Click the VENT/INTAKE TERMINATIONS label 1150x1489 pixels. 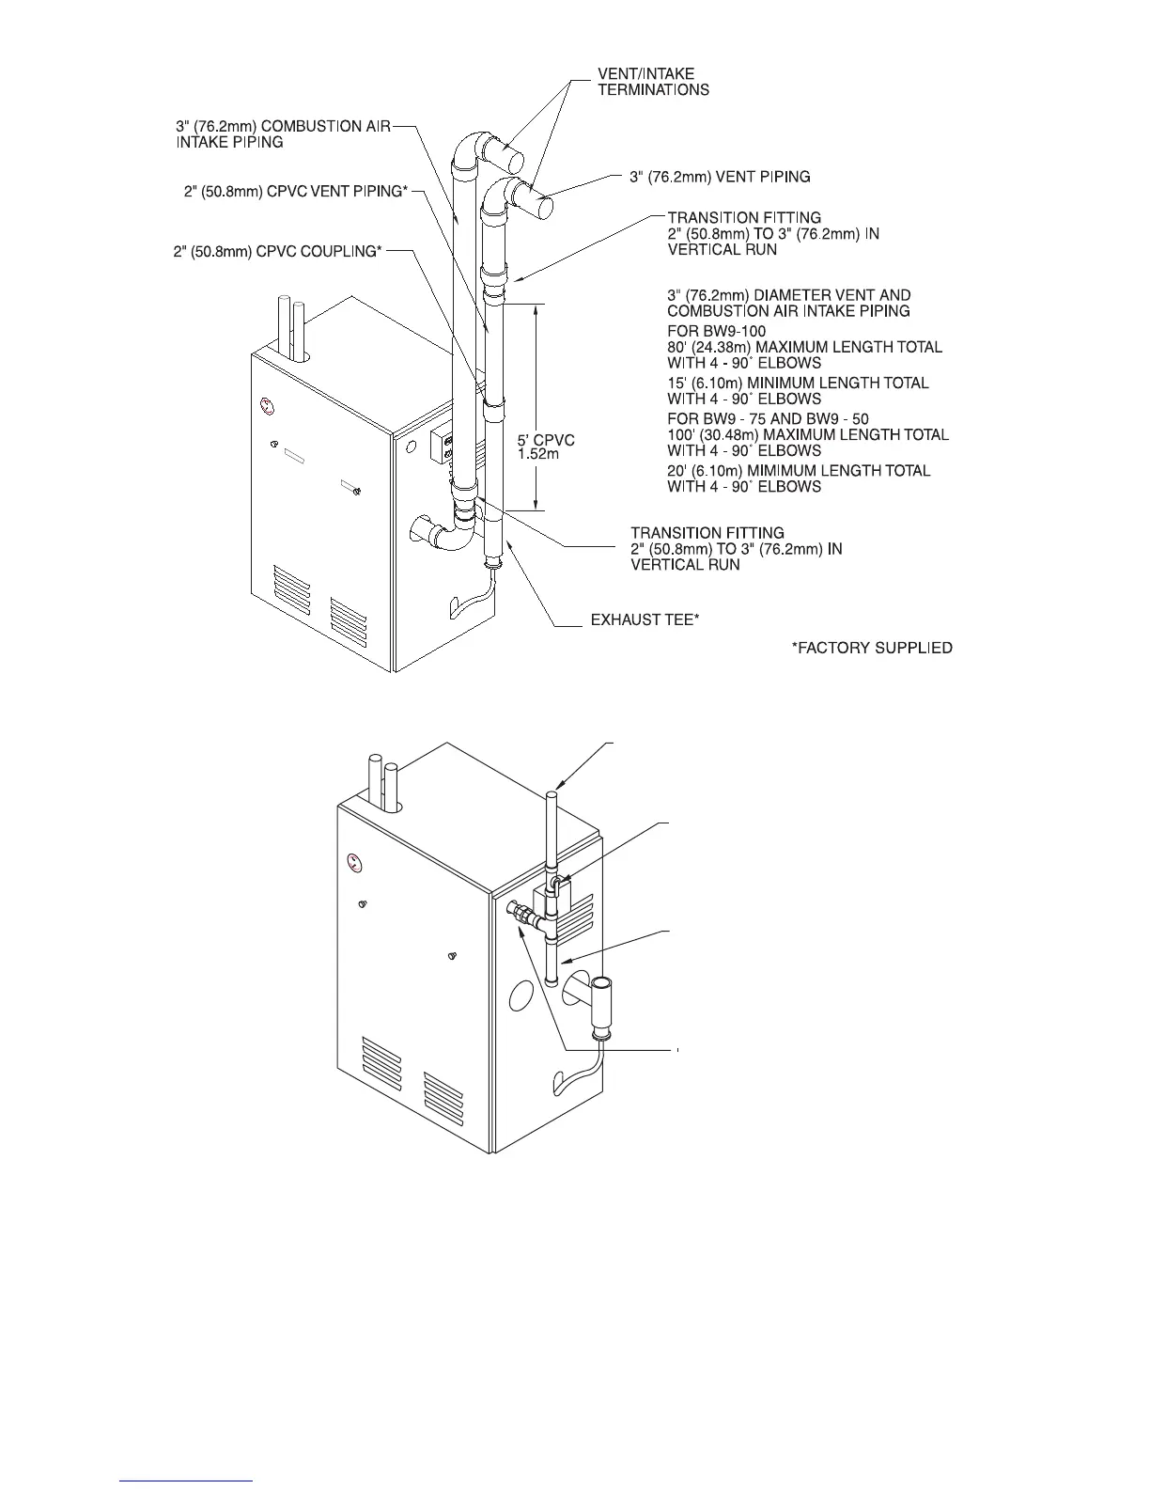click(x=653, y=82)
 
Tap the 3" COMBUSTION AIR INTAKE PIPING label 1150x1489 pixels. click(x=282, y=133)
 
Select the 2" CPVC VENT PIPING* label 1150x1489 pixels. click(x=296, y=192)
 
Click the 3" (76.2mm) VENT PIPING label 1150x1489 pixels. click(x=719, y=177)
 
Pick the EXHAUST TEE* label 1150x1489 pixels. click(x=644, y=621)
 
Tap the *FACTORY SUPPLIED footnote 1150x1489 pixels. click(x=872, y=648)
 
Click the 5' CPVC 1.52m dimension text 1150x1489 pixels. click(x=546, y=447)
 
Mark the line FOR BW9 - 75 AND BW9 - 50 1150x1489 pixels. click(x=768, y=418)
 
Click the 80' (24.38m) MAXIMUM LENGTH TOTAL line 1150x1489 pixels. click(x=804, y=347)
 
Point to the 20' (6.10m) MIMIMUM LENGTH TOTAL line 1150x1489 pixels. click(x=799, y=470)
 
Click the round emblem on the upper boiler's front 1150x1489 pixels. click(x=266, y=407)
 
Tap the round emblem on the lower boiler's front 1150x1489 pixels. click(x=353, y=859)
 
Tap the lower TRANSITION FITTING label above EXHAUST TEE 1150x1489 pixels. click(x=736, y=548)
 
